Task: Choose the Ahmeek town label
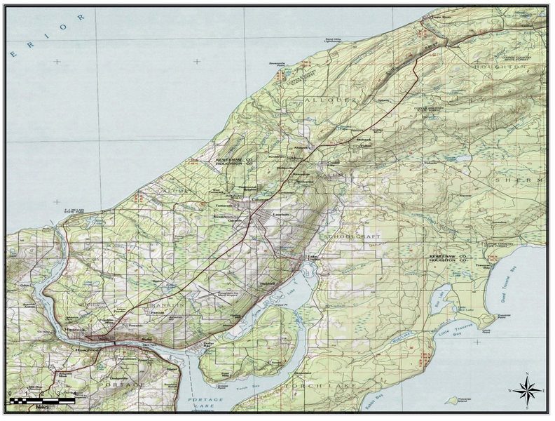click(301, 148)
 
